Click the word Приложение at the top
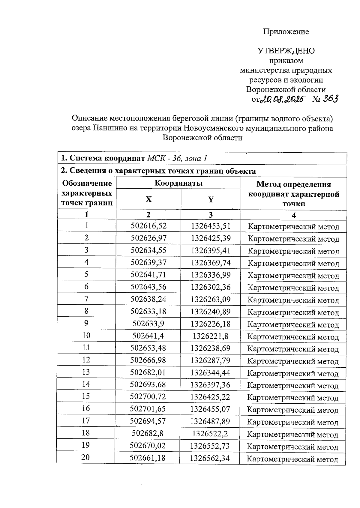click(x=286, y=31)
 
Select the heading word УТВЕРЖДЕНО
click(x=286, y=51)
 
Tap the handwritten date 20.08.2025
click(x=282, y=99)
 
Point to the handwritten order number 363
click(x=330, y=98)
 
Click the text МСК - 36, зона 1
click(x=177, y=158)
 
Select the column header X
click(x=148, y=199)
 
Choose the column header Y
click(x=211, y=199)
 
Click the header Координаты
click(x=178, y=183)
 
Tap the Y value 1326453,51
click(x=211, y=226)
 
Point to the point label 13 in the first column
click(x=86, y=372)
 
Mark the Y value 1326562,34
click(x=210, y=458)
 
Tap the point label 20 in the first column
click(x=85, y=457)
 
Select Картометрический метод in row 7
click(x=293, y=300)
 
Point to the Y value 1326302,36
click(x=211, y=287)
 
